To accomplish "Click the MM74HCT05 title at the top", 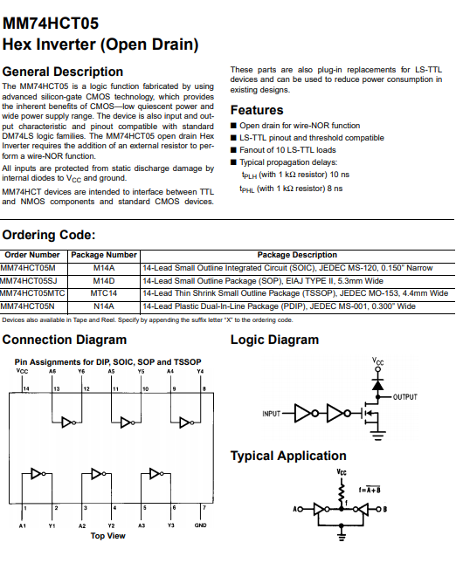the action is [x=51, y=24].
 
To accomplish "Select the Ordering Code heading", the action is [x=49, y=235].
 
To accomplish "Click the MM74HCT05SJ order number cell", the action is [x=28, y=280].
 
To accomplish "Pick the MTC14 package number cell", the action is [x=103, y=293].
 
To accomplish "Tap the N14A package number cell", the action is [x=103, y=306].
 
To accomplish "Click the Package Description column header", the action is [x=297, y=255].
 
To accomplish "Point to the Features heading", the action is [x=257, y=110].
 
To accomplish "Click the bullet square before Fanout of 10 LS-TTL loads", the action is [x=233, y=150].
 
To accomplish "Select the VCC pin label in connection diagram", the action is [x=22, y=371].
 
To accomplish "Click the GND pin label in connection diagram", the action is [x=201, y=525].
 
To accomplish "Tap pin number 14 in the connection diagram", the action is [x=26, y=388].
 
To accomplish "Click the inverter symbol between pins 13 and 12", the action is [x=69, y=422].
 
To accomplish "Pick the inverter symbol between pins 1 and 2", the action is [x=38, y=474].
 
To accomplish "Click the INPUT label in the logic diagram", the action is [x=272, y=414].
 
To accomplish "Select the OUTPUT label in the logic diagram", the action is [x=405, y=397].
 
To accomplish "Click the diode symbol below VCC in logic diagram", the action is [x=377, y=385].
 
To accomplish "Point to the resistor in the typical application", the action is [x=342, y=494].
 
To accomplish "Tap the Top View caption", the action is [x=107, y=536].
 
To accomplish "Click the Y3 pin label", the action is [x=170, y=525].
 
